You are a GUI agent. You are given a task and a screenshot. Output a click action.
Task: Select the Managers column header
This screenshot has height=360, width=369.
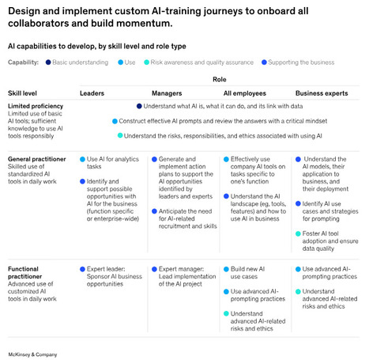(168, 93)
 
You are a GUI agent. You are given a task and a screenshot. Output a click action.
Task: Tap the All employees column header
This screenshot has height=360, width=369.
(246, 93)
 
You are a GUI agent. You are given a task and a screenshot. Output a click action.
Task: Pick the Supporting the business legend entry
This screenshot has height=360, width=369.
(303, 62)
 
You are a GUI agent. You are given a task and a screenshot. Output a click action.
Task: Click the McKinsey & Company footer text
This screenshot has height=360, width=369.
(39, 347)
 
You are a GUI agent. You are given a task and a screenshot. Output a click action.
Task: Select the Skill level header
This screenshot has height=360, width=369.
(25, 93)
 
